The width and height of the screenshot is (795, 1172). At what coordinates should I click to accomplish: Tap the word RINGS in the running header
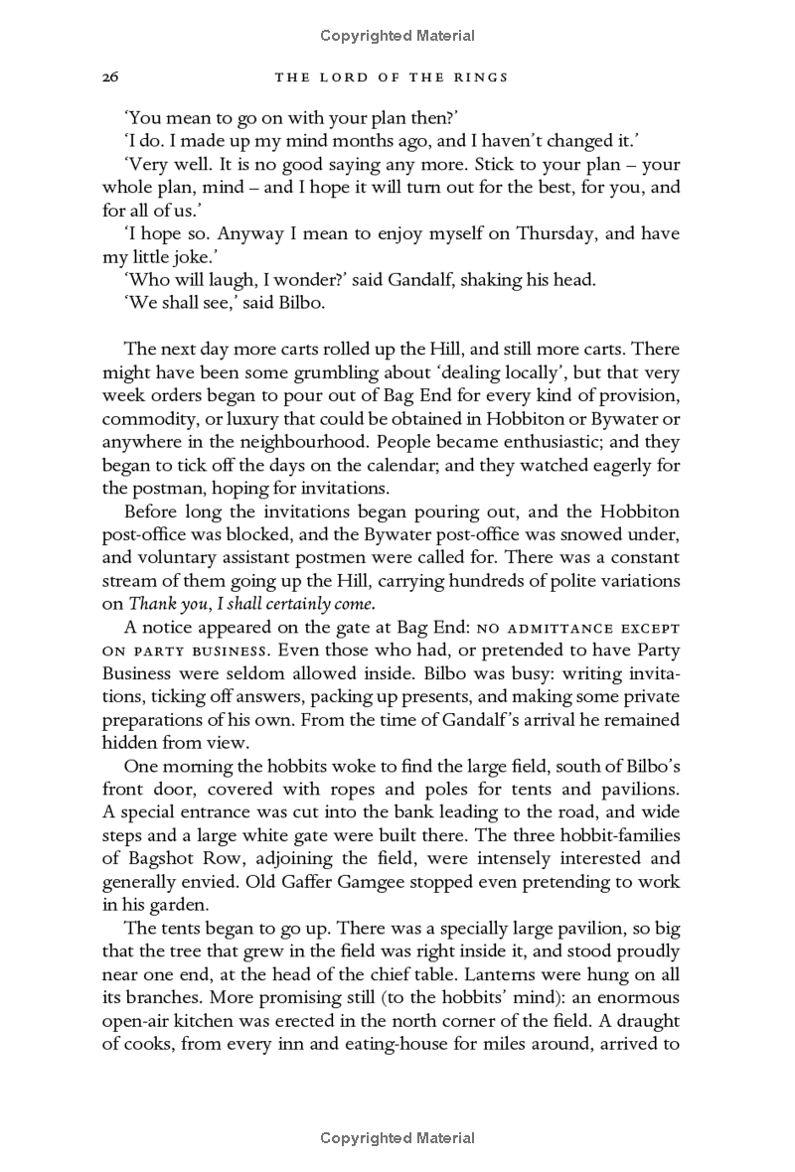click(482, 76)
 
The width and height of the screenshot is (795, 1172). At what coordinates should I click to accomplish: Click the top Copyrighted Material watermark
click(397, 36)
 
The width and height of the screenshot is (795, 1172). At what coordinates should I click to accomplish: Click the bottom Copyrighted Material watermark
click(397, 1138)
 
